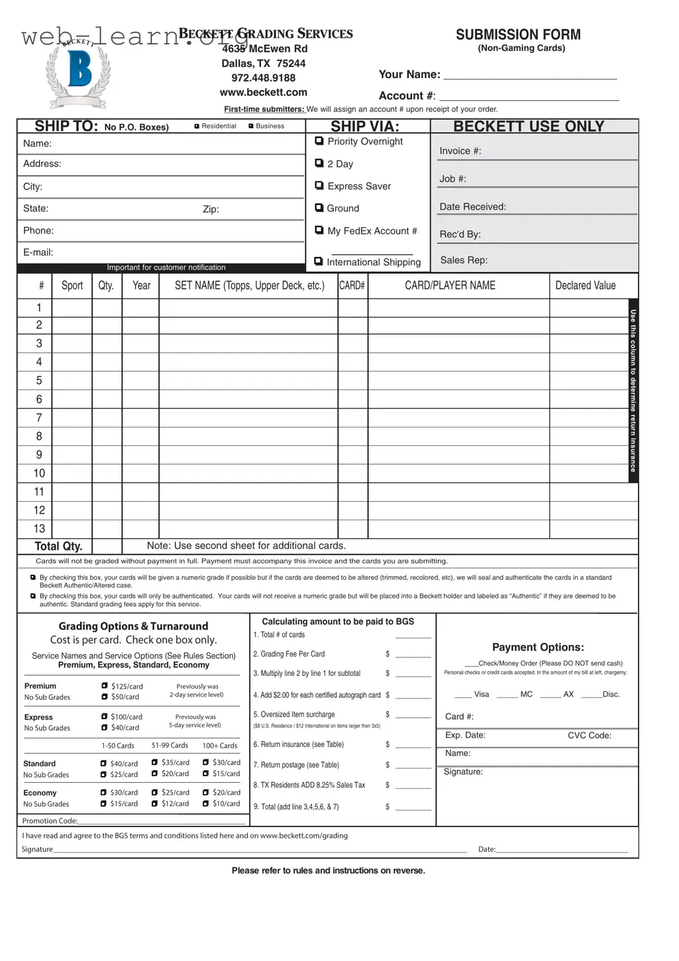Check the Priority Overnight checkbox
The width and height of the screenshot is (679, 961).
pos(319,141)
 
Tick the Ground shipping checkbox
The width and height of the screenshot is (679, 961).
pos(319,208)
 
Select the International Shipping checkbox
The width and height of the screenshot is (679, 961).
pos(319,262)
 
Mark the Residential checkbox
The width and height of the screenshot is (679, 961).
pos(197,126)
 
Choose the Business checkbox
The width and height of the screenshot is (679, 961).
pos(251,126)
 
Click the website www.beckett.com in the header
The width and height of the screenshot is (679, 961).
pos(263,93)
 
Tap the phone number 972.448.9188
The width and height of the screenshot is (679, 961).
pos(263,78)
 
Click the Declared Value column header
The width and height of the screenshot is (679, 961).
pos(585,286)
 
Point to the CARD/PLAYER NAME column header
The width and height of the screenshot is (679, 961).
pos(450,286)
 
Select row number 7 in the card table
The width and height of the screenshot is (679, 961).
pos(39,418)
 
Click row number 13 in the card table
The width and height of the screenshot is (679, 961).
pos(39,529)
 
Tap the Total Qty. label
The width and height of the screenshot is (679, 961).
pos(58,546)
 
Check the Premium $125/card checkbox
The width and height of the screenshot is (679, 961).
pos(105,686)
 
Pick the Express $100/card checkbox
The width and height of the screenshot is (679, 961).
pos(105,716)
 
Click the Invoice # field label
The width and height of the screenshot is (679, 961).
pos(460,151)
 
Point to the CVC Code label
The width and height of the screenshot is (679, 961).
pos(589,736)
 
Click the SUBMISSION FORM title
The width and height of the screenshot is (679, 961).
pos(518,34)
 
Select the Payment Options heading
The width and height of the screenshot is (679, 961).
pos(538,648)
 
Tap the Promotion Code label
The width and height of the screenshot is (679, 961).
pos(50,820)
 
